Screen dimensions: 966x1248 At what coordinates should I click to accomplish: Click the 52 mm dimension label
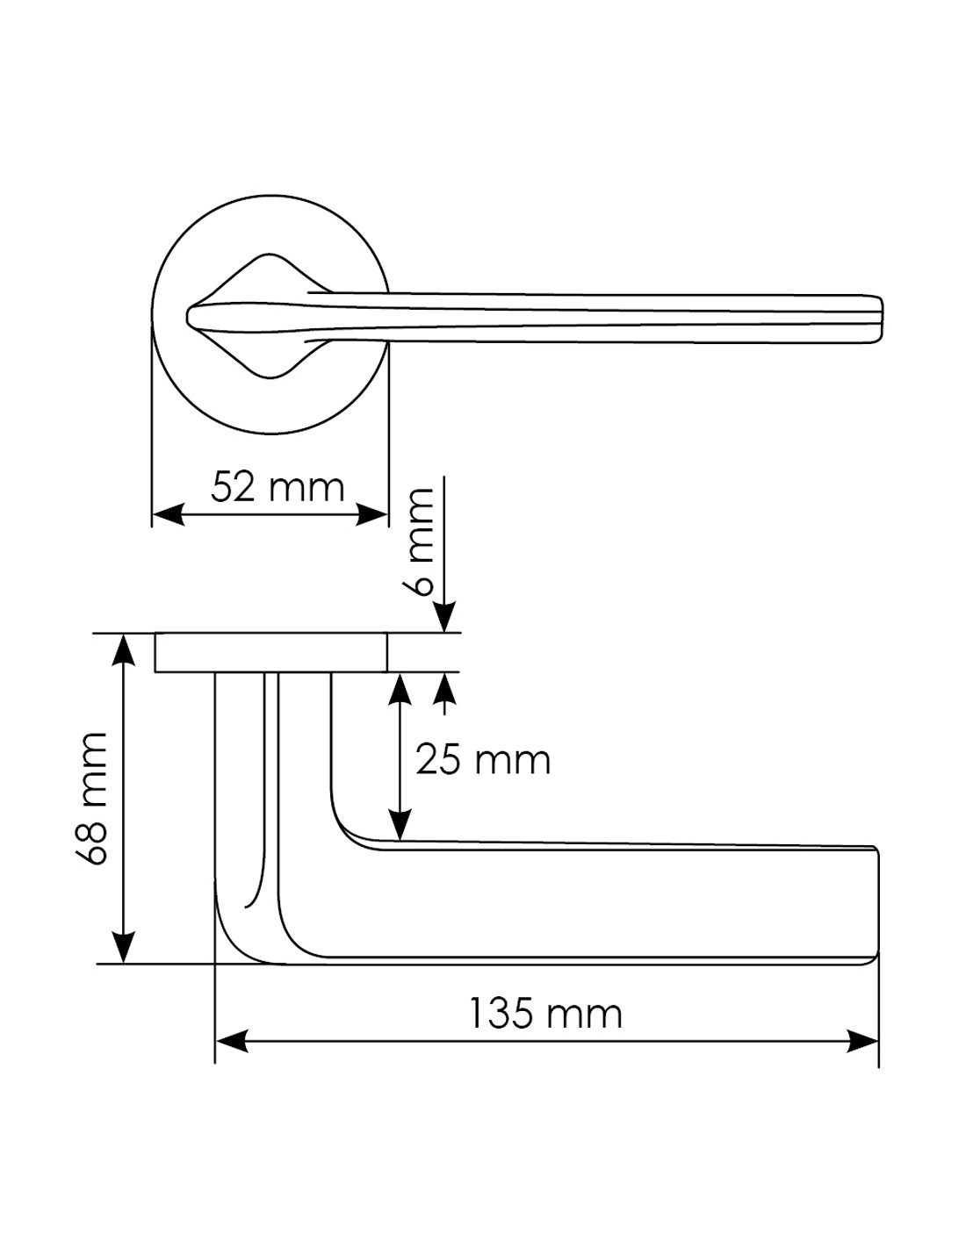pos(278,488)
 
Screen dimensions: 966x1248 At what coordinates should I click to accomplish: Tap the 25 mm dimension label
pos(483,760)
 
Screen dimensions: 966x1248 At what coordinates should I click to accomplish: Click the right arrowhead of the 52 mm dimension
pos(371,514)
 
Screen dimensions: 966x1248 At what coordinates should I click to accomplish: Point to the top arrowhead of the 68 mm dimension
pos(124,650)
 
